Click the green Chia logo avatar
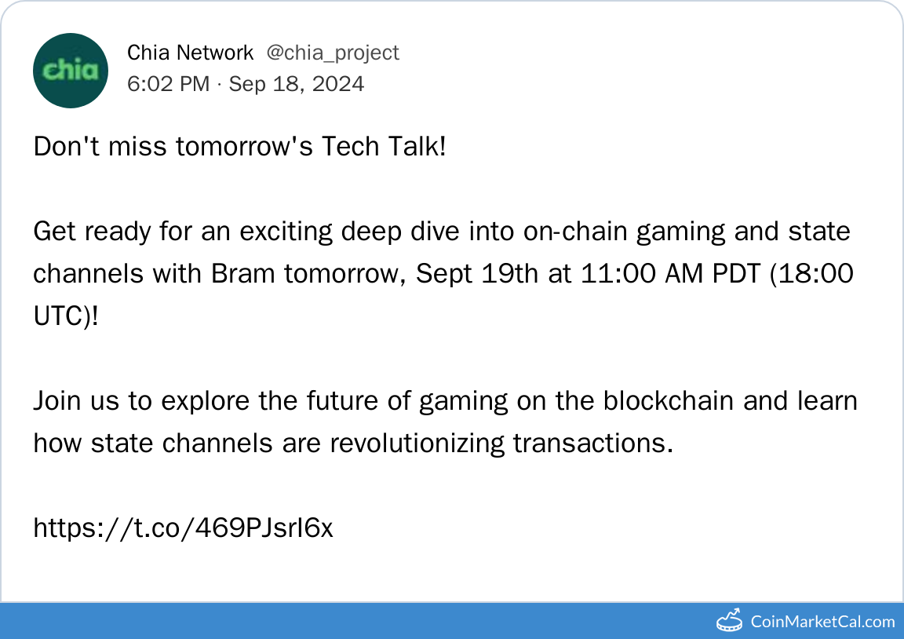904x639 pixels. pos(71,71)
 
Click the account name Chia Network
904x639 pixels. pos(190,53)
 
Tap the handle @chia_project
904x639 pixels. pos(333,53)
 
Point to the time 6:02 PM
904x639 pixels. pos(169,84)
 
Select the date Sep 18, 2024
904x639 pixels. pos(297,84)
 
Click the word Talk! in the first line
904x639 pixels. pos(417,146)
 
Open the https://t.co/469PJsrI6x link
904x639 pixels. pos(184,527)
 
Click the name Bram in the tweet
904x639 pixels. pos(242,273)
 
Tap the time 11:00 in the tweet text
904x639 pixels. pos(618,273)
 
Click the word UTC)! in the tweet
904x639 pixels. pos(66,316)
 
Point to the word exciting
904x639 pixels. pos(286,232)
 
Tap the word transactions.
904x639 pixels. pos(593,443)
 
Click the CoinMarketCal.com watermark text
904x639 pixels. pos(822,622)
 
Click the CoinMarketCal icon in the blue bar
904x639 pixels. pos(729,620)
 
